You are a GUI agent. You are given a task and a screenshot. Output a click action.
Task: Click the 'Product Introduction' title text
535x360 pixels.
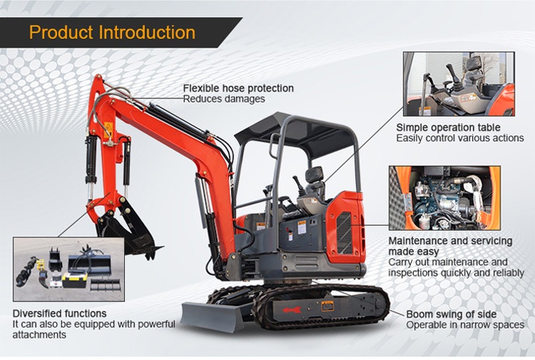pyautogui.click(x=112, y=32)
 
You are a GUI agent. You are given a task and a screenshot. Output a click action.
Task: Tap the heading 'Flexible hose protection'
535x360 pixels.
pyautogui.click(x=238, y=88)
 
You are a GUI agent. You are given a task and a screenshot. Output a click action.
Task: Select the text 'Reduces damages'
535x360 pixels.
pyautogui.click(x=224, y=99)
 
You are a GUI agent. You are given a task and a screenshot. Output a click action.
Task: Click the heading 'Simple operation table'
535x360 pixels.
pyautogui.click(x=448, y=128)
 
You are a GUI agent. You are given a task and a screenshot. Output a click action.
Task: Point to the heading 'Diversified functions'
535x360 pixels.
pyautogui.click(x=59, y=313)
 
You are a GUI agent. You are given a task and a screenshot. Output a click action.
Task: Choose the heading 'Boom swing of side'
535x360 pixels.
pyautogui.click(x=451, y=314)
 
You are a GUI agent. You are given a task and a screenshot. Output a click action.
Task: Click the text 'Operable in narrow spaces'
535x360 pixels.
pyautogui.click(x=465, y=325)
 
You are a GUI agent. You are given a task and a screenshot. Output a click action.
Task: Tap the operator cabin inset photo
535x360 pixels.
pyautogui.click(x=459, y=84)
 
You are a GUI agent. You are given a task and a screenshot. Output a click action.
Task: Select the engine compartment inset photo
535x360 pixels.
pyautogui.click(x=444, y=198)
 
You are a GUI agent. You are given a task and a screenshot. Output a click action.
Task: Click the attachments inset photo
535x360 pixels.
pyautogui.click(x=68, y=269)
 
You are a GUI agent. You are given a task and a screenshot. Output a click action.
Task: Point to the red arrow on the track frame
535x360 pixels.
pyautogui.click(x=291, y=310)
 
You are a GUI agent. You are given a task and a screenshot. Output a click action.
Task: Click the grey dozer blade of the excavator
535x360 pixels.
pyautogui.click(x=213, y=316)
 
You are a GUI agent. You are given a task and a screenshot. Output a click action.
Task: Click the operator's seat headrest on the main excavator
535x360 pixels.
pyautogui.click(x=315, y=175)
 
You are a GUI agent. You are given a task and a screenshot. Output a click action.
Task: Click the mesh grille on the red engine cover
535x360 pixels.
pyautogui.click(x=345, y=232)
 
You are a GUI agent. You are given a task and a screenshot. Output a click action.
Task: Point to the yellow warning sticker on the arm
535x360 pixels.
pyautogui.click(x=108, y=130)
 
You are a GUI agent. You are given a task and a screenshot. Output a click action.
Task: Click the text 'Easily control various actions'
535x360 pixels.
pyautogui.click(x=460, y=138)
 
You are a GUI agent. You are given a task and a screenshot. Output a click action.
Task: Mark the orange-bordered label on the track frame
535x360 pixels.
pyautogui.click(x=327, y=306)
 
